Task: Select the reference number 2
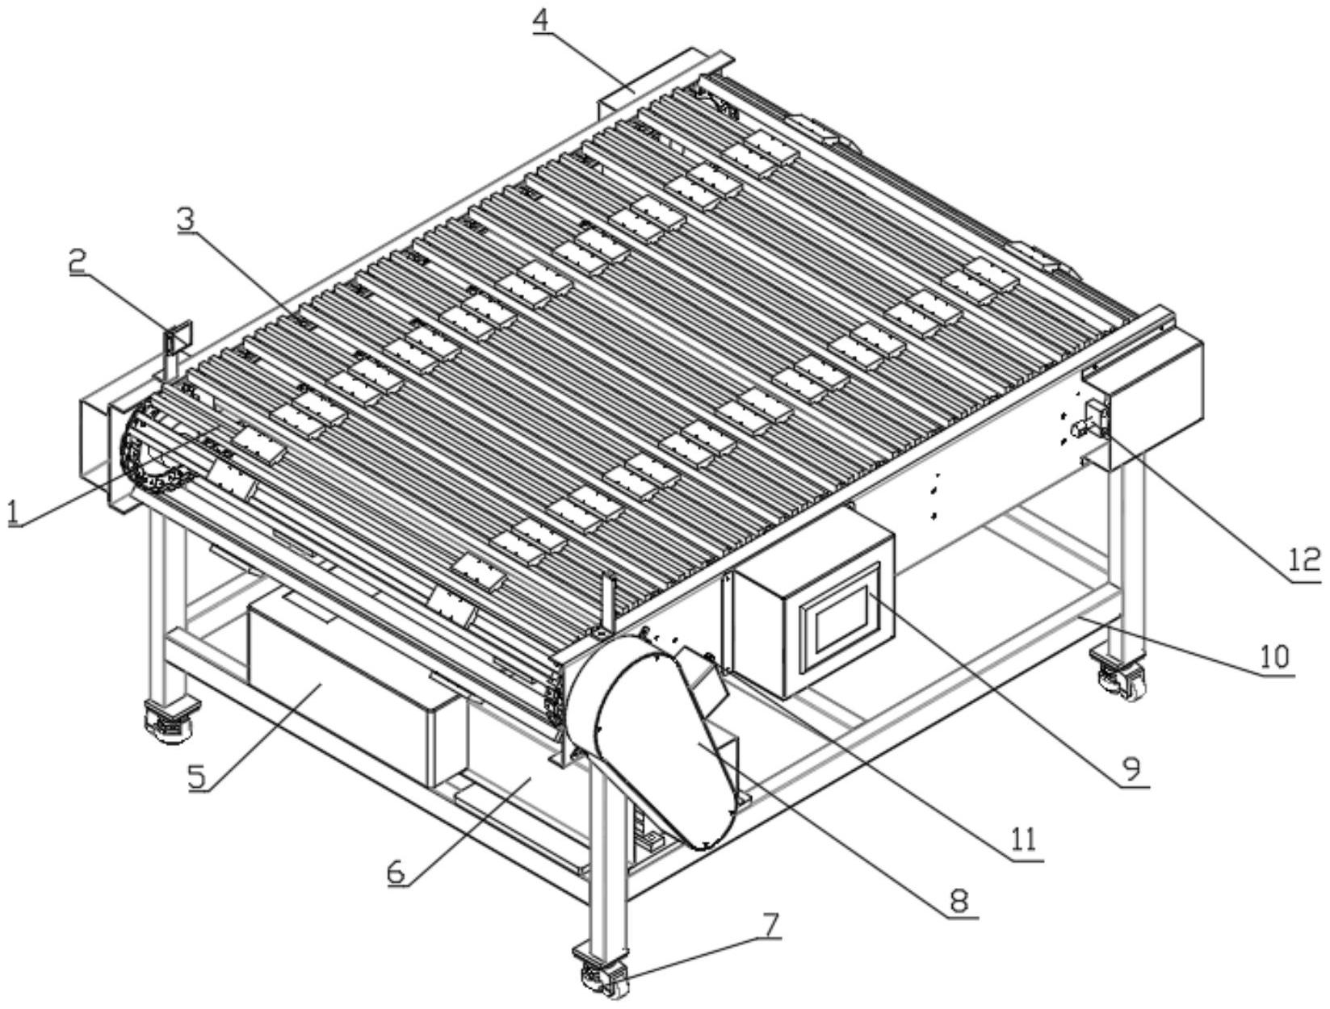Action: coord(78,262)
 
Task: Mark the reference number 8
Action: coord(959,901)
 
